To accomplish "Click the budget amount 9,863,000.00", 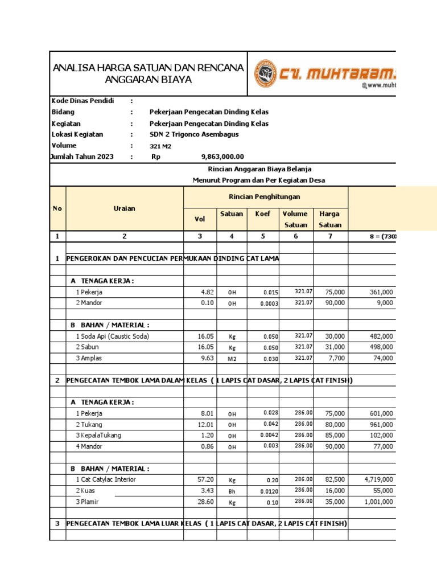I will [222, 157].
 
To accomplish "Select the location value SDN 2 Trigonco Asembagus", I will [194, 134].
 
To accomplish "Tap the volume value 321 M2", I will [160, 146].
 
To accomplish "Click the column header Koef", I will [263, 214].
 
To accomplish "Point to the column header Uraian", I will [125, 208].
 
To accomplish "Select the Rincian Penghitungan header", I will [265, 197].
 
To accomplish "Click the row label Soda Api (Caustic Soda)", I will [112, 336].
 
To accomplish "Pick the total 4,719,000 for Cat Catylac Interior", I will [378, 479].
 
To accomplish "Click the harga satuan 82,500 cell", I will [334, 479].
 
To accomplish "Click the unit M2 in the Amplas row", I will [232, 359].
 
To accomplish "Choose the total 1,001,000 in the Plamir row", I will [378, 502].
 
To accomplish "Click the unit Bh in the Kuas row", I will [232, 491].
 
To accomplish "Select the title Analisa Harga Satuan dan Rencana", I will [148, 68].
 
